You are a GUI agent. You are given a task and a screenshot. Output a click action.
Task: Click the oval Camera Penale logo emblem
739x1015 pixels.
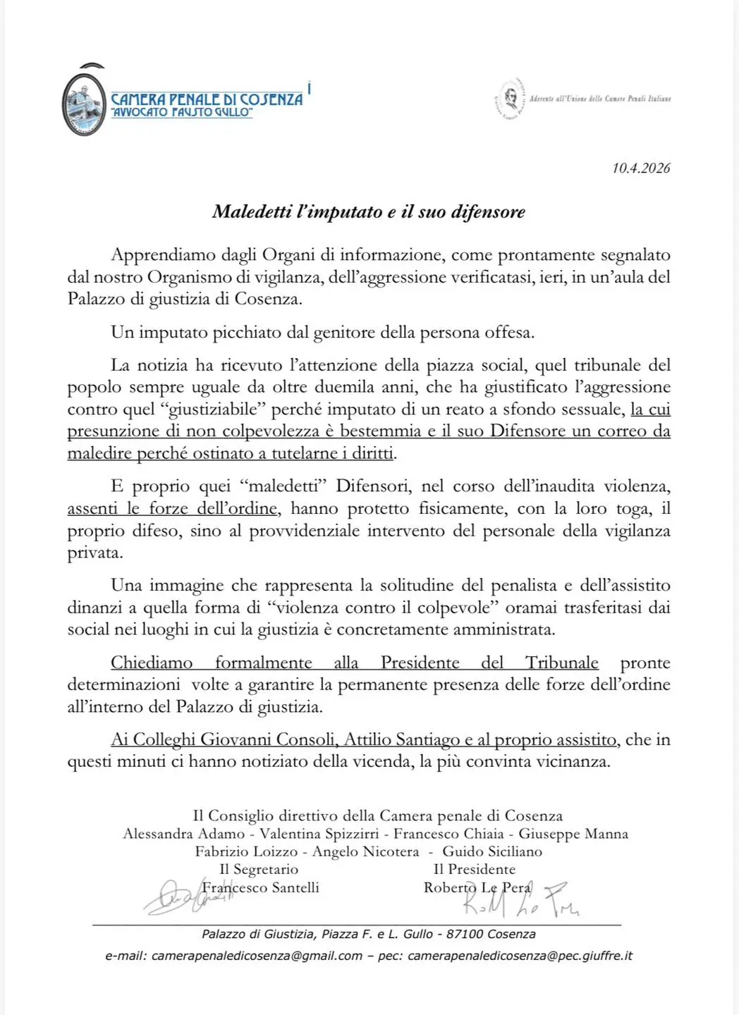(x=84, y=103)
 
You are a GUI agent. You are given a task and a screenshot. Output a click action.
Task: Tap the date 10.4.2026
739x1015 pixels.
(x=641, y=168)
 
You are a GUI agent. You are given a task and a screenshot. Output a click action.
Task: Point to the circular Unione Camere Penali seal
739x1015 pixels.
(x=510, y=99)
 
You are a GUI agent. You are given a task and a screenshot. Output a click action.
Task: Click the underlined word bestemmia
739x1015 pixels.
(x=379, y=431)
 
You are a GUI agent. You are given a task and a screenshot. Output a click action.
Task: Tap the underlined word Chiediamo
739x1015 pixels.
(x=152, y=663)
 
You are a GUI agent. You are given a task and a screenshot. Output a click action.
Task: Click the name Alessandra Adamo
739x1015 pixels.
(x=184, y=834)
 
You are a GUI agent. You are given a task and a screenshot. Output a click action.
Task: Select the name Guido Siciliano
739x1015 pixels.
(x=492, y=851)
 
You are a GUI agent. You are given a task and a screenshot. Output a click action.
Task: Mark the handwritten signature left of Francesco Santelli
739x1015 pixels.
(x=173, y=897)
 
